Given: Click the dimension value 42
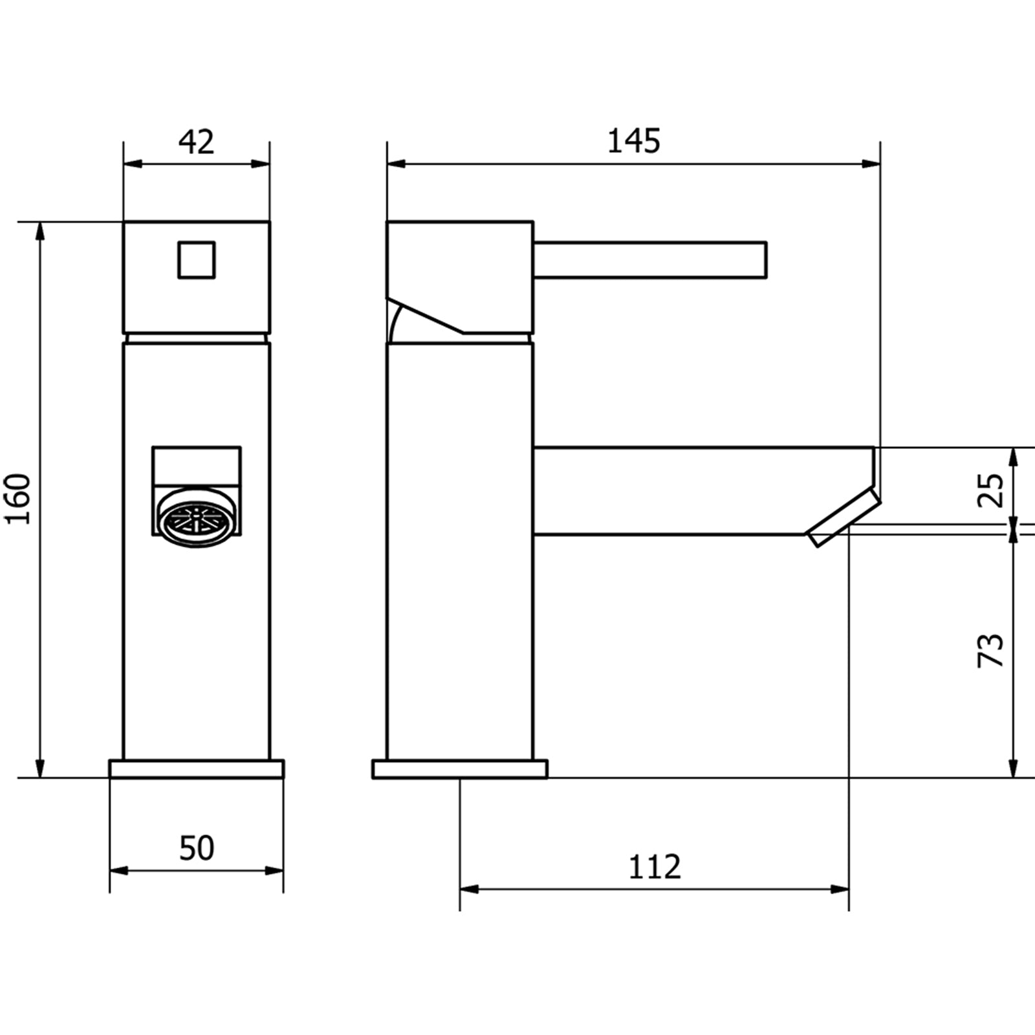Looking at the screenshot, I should coord(196,142).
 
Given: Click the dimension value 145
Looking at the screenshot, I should coord(634,141).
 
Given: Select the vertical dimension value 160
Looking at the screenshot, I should coord(18,499).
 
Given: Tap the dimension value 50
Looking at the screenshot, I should coord(196,848).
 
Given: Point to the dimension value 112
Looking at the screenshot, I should coord(655,867).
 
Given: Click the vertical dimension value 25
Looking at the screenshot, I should coord(990,490).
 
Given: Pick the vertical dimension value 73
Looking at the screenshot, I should coord(990,651).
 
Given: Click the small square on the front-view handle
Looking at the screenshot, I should coord(196,260).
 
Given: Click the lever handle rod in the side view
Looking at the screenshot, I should coord(650,260).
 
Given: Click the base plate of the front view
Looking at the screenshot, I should coord(196,769).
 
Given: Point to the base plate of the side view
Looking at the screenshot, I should coord(460,769).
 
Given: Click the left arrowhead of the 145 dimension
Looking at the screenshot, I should coord(395,164).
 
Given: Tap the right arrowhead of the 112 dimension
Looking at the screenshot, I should coord(840,889).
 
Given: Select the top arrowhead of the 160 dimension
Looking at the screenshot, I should coord(41,230).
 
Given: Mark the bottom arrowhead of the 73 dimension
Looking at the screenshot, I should coord(1014,769).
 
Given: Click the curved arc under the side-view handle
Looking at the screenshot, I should coord(395,323).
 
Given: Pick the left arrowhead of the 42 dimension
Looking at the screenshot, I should coord(131,164).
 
